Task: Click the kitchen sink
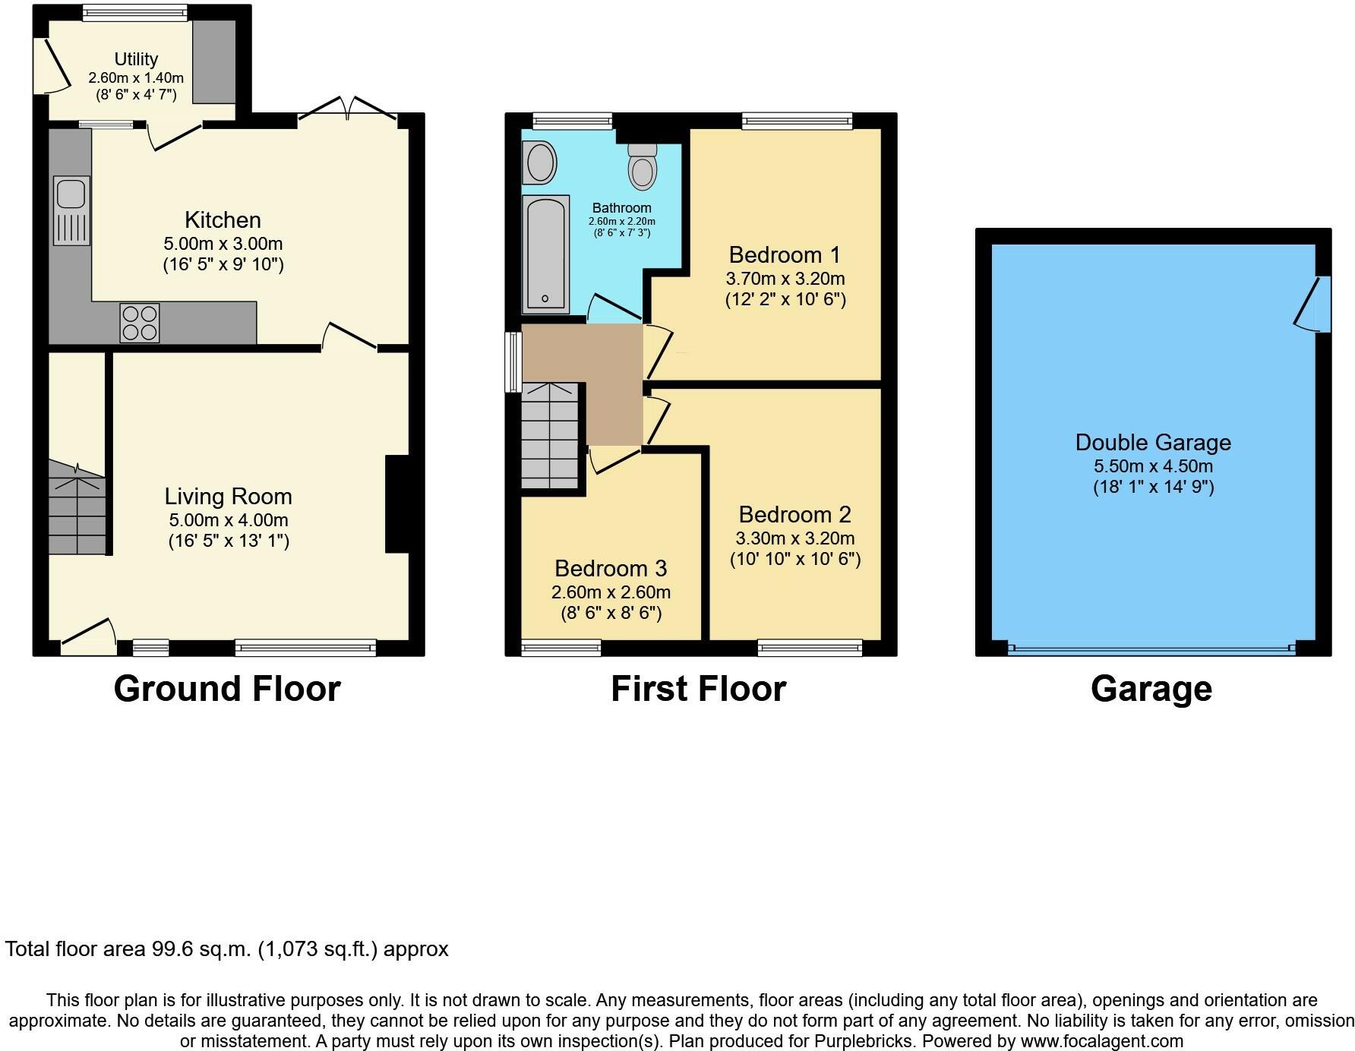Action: click(x=71, y=210)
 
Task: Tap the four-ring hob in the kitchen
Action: click(x=140, y=323)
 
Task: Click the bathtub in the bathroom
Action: click(x=545, y=254)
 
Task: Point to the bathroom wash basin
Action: click(x=539, y=163)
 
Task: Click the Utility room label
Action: click(x=136, y=59)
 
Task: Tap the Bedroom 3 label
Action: click(x=611, y=568)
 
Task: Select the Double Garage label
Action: click(x=1153, y=442)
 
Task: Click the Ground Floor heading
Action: click(x=227, y=689)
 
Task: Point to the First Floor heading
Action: click(x=699, y=689)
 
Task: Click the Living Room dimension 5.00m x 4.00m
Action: click(x=229, y=520)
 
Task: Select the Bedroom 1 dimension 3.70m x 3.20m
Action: click(x=785, y=279)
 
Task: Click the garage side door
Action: click(x=1314, y=304)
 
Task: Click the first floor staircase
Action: click(x=550, y=436)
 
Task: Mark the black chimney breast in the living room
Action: click(x=397, y=504)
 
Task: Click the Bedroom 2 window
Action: click(x=810, y=648)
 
